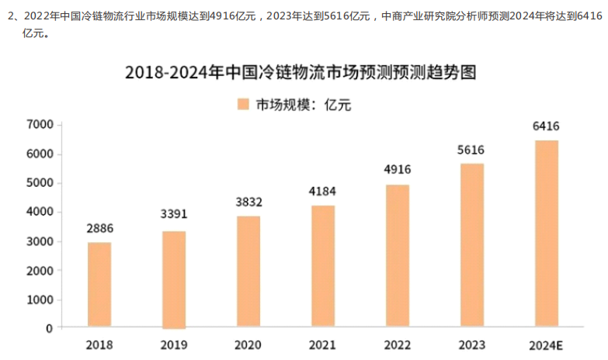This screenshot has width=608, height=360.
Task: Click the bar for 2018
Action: point(99,285)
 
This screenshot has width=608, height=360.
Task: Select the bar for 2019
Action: point(174,279)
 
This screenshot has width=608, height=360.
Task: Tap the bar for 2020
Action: point(248,272)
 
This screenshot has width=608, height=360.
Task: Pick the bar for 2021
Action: point(323,266)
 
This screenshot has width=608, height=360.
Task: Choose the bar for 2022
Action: point(398,256)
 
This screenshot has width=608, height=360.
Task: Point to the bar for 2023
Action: point(471,245)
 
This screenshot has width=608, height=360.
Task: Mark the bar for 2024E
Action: point(547,234)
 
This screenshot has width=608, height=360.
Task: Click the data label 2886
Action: point(99,230)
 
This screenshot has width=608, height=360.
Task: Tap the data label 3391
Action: point(174,215)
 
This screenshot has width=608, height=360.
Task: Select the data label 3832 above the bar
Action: point(248,202)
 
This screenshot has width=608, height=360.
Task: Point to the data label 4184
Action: point(323,191)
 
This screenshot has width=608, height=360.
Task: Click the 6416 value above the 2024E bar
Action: point(547,126)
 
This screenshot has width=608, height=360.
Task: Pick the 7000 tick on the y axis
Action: point(39,124)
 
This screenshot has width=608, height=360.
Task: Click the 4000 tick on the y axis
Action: point(39,212)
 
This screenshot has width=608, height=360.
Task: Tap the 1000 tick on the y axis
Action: point(39,299)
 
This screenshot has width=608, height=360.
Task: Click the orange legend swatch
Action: point(243,105)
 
